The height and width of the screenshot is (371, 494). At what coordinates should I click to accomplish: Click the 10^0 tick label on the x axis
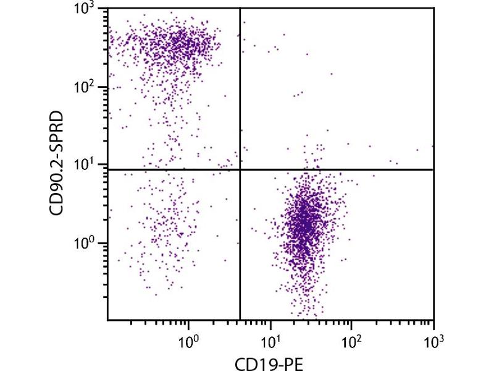point(189,339)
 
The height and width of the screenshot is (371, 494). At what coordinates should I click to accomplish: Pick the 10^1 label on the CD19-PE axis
point(270,339)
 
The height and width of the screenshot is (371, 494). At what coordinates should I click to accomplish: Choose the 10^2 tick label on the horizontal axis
point(351,339)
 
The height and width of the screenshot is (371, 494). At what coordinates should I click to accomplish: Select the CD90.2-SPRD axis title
point(60,165)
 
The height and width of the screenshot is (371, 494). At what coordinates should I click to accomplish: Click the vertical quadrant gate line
point(240,93)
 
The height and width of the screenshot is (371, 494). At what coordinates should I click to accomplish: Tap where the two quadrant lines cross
point(240,169)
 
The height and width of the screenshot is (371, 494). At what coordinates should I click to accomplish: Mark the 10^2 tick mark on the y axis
point(109,87)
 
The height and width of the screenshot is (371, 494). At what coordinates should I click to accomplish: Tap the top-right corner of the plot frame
point(433,8)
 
